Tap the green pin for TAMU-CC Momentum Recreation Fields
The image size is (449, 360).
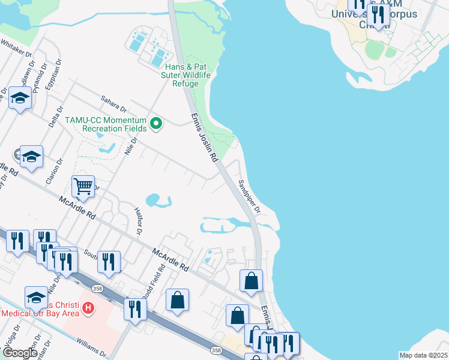[x=157, y=124]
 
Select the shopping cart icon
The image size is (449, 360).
[x=83, y=186]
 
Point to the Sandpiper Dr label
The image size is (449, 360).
[x=249, y=197]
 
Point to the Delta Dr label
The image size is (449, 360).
[x=59, y=117]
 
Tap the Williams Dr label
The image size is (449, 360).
[x=90, y=347]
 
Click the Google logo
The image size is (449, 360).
[x=19, y=353]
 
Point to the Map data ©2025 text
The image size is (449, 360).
[x=423, y=355]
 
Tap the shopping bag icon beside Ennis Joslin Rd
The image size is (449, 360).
[x=251, y=280]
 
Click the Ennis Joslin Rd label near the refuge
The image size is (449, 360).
[x=203, y=139]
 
